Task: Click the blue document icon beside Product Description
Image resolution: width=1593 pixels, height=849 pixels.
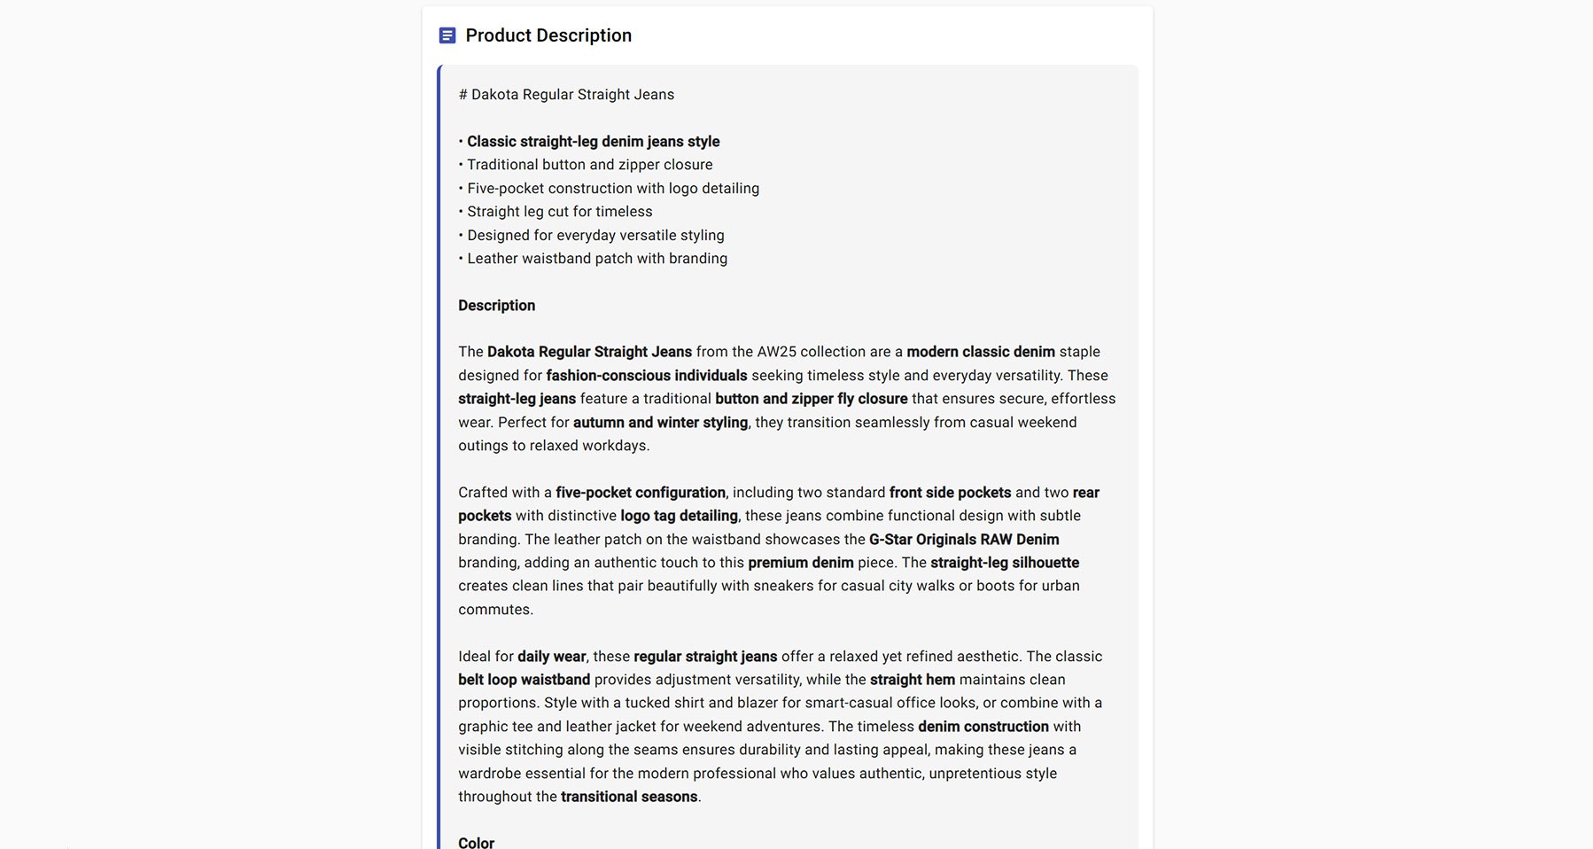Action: pyautogui.click(x=447, y=35)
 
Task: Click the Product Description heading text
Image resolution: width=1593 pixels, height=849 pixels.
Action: pyautogui.click(x=548, y=35)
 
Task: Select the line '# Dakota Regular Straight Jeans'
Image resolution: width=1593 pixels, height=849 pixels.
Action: pyautogui.click(x=566, y=95)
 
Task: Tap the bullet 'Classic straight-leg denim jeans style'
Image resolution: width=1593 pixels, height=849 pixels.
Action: pyautogui.click(x=593, y=142)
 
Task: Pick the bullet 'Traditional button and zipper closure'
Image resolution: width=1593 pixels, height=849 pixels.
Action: pyautogui.click(x=589, y=165)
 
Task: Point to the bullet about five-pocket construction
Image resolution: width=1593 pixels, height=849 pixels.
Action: pyautogui.click(x=612, y=189)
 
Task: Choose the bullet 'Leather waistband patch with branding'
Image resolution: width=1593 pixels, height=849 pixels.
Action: pyautogui.click(x=596, y=259)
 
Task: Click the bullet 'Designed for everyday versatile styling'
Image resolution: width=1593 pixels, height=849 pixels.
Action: pyautogui.click(x=595, y=236)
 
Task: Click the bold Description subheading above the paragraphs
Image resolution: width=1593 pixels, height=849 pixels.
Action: pyautogui.click(x=496, y=306)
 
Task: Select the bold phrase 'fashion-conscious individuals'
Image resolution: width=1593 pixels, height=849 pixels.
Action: pyautogui.click(x=646, y=376)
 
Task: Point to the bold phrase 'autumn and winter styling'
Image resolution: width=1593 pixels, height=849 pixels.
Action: pyautogui.click(x=660, y=423)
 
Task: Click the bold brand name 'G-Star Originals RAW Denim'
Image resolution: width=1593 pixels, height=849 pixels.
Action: pyautogui.click(x=964, y=540)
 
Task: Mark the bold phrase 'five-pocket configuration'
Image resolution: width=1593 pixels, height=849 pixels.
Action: pyautogui.click(x=641, y=493)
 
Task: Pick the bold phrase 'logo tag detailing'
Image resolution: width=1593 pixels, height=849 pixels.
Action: pyautogui.click(x=679, y=516)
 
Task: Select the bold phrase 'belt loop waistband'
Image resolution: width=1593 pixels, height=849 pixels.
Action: pyautogui.click(x=524, y=680)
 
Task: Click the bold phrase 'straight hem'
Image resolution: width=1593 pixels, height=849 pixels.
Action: pyautogui.click(x=913, y=680)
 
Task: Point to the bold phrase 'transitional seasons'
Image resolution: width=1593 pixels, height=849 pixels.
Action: pyautogui.click(x=629, y=797)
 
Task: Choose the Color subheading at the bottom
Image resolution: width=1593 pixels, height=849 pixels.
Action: pyautogui.click(x=476, y=842)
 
